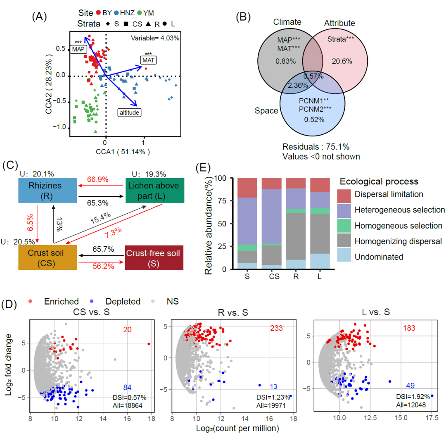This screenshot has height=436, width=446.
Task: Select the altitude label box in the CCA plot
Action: pyautogui.click(x=130, y=112)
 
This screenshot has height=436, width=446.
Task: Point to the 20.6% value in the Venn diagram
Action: pyautogui.click(x=342, y=61)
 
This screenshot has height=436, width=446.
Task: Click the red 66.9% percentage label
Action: pyautogui.click(x=98, y=180)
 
